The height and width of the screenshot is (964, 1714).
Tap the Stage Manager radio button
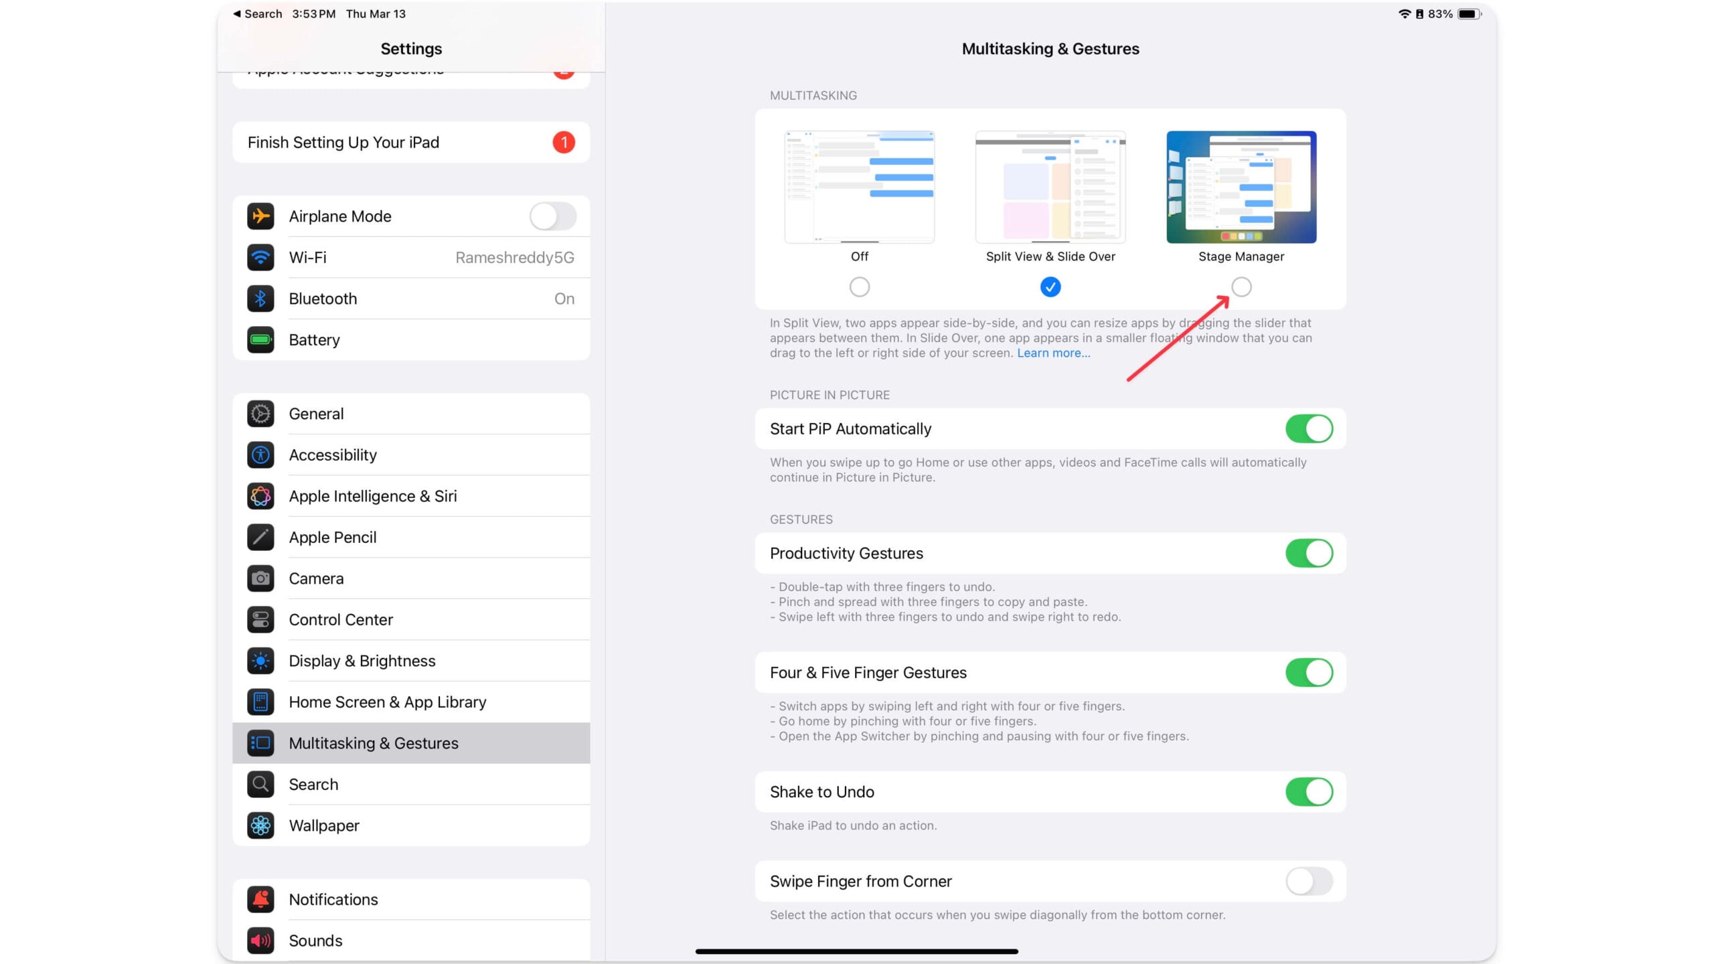point(1241,287)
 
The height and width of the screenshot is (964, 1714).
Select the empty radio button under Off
point(859,287)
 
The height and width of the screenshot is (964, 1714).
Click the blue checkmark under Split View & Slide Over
point(1050,287)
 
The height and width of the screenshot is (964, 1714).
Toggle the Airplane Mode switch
point(553,216)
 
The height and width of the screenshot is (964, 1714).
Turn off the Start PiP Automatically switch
point(1309,428)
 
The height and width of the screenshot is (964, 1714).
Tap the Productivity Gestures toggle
point(1309,553)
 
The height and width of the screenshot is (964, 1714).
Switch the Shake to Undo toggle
point(1309,792)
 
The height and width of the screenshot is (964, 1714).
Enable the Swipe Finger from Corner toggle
point(1309,881)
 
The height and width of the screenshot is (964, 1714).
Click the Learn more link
point(1053,353)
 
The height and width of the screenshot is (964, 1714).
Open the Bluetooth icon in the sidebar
point(260,299)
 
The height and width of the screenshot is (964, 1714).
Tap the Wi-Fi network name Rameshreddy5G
point(514,258)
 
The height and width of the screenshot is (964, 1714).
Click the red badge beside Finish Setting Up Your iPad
point(564,143)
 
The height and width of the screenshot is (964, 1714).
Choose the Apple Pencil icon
point(260,537)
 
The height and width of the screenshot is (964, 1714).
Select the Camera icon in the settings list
point(260,578)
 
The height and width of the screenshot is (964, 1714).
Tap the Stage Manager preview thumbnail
point(1241,187)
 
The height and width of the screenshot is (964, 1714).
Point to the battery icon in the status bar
point(1470,14)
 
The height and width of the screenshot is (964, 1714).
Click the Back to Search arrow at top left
point(237,14)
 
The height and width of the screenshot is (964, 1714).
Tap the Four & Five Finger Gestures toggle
point(1309,672)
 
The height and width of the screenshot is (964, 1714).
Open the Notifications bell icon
point(260,899)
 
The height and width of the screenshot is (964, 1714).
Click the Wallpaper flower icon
point(260,825)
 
